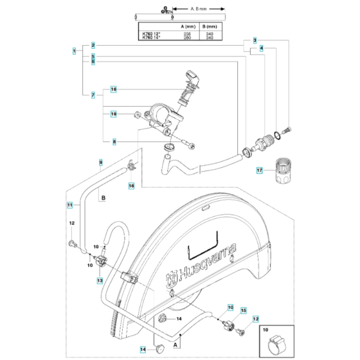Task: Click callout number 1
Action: coord(75,50)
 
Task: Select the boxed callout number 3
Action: coord(255,40)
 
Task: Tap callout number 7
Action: coord(93,95)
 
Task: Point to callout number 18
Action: coord(113,89)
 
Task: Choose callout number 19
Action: coord(113,114)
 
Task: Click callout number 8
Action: coord(114,142)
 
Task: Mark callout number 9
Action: coord(100,161)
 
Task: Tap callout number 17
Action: coord(260,170)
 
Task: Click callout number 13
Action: coord(100,281)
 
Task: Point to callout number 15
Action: coord(244,310)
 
